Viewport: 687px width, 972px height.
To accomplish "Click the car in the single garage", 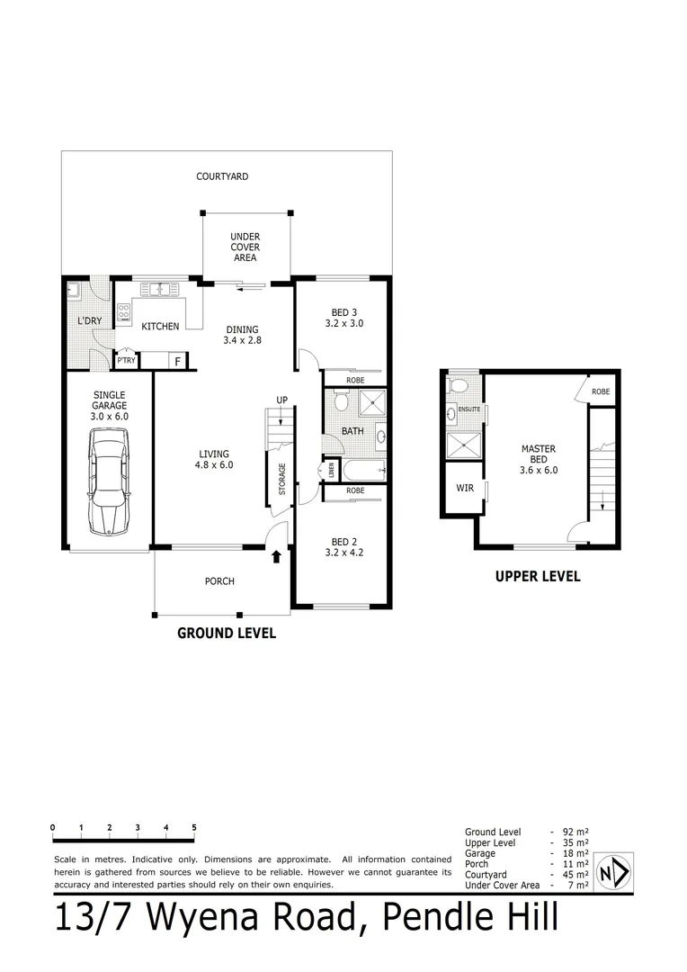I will point(107,481).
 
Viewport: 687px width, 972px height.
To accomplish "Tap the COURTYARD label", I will point(222,176).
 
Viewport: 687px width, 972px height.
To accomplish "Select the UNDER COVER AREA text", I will point(245,247).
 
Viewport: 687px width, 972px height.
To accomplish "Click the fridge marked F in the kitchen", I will point(178,362).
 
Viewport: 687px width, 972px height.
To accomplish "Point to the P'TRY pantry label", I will point(126,362).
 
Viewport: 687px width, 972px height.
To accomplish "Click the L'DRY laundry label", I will point(88,321).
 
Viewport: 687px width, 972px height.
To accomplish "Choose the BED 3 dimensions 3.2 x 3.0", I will point(344,323).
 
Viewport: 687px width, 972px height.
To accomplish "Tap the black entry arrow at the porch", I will point(276,557).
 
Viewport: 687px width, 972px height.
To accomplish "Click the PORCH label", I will point(219,581).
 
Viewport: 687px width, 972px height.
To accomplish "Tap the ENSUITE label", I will point(469,409).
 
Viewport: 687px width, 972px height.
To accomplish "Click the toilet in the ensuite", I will point(459,386).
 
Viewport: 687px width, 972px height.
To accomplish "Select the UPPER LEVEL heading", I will point(538,577).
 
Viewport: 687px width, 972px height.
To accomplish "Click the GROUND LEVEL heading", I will point(226,633).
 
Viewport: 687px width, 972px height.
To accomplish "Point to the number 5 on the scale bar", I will point(194,827).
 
